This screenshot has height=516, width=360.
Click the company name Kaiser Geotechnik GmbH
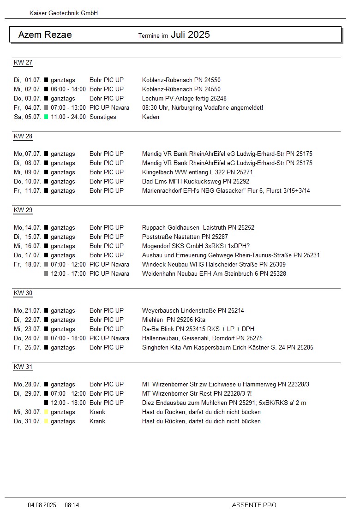coord(64,13)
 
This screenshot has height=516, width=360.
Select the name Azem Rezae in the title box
coord(45,35)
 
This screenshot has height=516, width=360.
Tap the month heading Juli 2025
coord(190,35)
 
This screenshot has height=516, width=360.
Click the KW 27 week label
coord(23,63)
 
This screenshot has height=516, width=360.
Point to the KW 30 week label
coord(23,293)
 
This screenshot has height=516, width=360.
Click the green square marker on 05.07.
coord(46,117)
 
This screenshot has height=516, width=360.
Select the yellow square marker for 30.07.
coord(46,412)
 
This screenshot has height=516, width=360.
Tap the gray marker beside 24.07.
coord(46,338)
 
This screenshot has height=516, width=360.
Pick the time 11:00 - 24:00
coord(68,117)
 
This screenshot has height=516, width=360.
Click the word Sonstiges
coord(103,117)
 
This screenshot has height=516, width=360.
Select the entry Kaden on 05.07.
coord(150,117)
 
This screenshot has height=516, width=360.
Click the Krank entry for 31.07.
coord(97,421)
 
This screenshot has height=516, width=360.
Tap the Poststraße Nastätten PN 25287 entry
coord(185,237)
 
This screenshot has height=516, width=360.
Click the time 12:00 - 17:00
coord(68,274)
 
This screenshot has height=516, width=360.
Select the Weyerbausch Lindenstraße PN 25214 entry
coord(193,311)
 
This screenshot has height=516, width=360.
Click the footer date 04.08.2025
coord(42,505)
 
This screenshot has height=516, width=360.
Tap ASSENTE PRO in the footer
coord(254,505)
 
